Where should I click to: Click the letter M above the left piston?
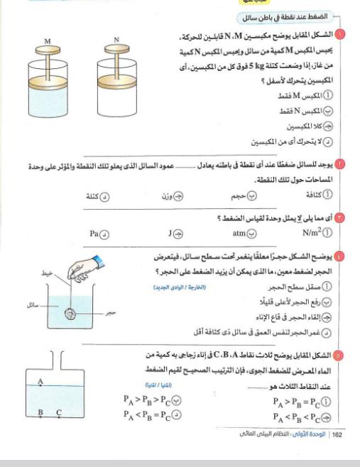(48, 41)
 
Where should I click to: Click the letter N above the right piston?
(116, 40)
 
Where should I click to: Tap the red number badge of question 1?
(340, 35)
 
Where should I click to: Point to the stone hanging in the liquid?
(70, 313)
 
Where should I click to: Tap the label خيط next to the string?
(47, 273)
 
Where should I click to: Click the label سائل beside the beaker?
(33, 305)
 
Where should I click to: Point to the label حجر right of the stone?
(110, 313)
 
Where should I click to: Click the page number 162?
(337, 435)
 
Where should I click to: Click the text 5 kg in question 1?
(256, 65)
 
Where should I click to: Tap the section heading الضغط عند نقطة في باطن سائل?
(285, 17)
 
